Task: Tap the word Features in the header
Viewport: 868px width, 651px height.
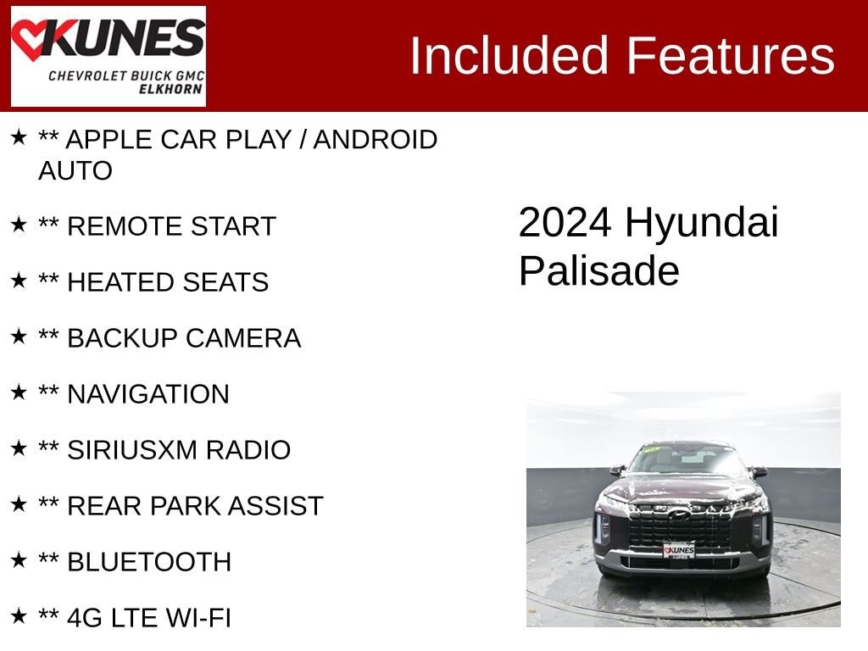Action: click(732, 56)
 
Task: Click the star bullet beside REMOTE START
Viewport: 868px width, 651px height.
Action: click(19, 225)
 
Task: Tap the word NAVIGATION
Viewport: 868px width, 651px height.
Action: click(147, 394)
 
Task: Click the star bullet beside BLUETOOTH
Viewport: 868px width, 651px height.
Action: click(19, 560)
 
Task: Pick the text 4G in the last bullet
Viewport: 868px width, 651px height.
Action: click(85, 618)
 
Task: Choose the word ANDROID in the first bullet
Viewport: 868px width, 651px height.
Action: click(375, 139)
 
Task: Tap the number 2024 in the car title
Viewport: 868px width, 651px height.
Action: click(565, 223)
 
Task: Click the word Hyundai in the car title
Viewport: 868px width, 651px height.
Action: click(702, 223)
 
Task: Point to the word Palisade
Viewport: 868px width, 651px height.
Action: click(598, 271)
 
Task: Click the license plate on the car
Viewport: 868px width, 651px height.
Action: click(679, 551)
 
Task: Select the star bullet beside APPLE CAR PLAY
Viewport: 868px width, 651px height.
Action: click(19, 137)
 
